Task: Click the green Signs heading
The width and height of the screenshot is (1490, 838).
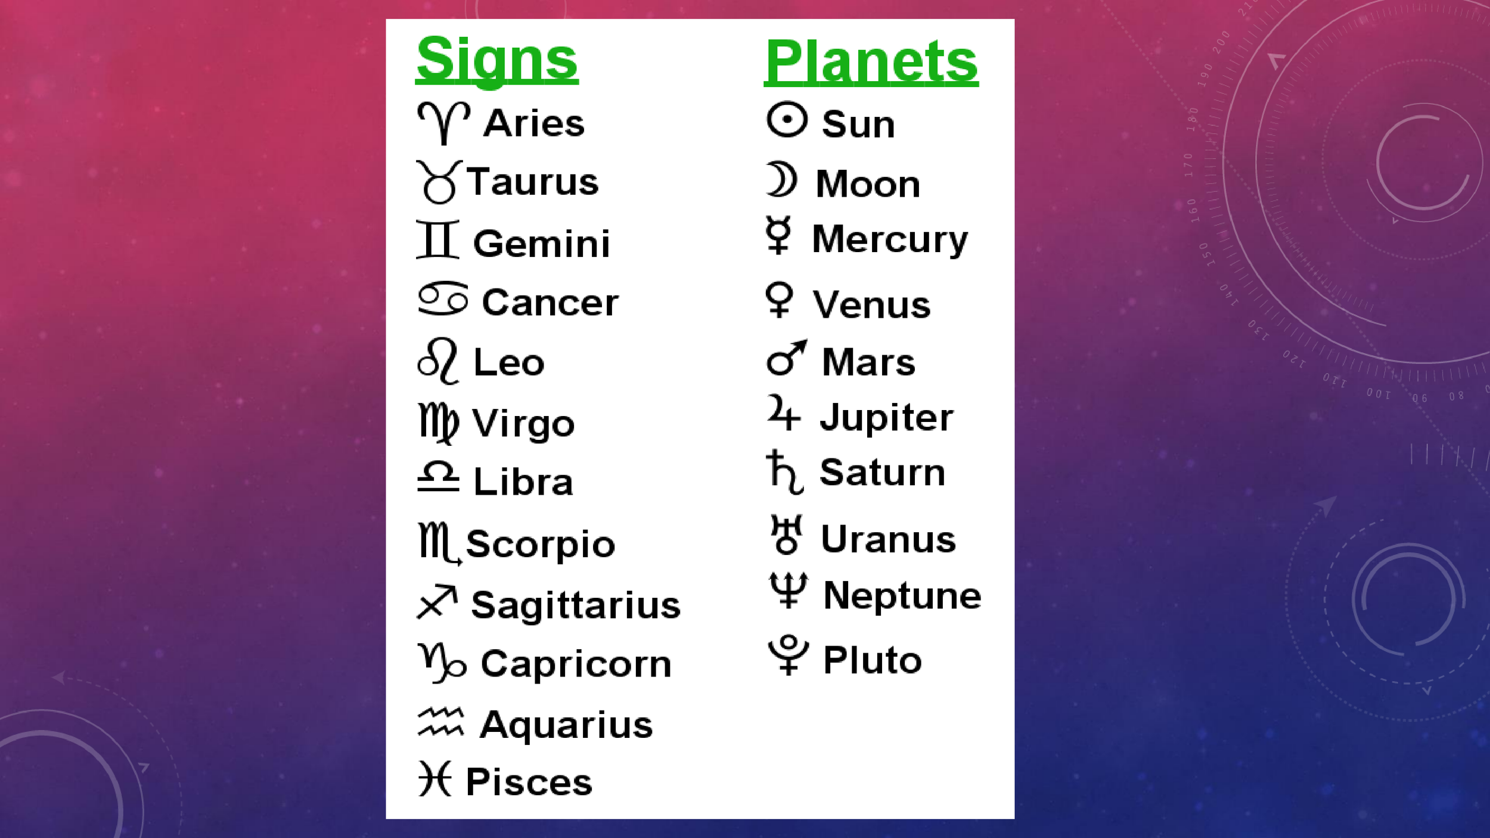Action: [497, 60]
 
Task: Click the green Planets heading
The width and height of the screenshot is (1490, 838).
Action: [871, 61]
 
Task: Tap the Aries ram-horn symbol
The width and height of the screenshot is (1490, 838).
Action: [443, 122]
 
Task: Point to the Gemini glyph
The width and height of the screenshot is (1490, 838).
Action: [438, 240]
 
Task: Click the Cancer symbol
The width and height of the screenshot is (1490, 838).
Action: [443, 299]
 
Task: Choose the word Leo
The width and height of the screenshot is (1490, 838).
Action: [508, 362]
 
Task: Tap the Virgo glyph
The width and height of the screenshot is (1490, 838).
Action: [439, 423]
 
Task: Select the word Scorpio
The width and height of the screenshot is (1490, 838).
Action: [540, 544]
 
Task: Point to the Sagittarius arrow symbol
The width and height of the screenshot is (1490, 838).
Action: [437, 602]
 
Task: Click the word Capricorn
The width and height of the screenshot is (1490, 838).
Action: [576, 663]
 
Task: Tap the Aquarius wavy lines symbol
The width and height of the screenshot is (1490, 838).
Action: [440, 722]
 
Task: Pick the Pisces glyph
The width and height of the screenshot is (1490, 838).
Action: [435, 778]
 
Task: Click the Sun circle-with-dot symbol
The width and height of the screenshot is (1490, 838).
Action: [787, 120]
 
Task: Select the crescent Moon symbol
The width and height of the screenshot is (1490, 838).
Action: [781, 179]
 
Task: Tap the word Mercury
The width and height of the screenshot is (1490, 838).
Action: [890, 240]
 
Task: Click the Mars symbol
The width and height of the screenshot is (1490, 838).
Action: [786, 358]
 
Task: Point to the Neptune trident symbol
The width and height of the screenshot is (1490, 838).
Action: [788, 590]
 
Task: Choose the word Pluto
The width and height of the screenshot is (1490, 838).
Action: [872, 660]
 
